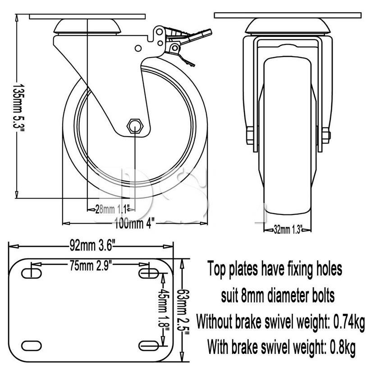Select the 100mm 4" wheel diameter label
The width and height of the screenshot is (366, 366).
click(x=135, y=222)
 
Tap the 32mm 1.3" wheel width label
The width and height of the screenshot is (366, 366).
click(x=288, y=229)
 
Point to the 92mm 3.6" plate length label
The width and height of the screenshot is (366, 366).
click(x=92, y=246)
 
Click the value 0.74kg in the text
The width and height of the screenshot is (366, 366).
click(x=348, y=321)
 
